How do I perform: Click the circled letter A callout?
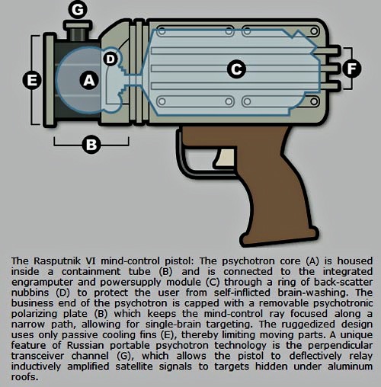(89, 81)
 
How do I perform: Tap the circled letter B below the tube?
(91, 145)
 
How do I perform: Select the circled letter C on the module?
(236, 69)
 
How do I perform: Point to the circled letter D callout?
(110, 59)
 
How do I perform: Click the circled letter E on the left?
(32, 81)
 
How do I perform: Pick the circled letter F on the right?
(351, 69)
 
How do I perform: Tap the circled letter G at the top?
(78, 10)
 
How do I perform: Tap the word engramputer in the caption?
(42, 283)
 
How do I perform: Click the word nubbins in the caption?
(30, 293)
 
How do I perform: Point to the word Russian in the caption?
(85, 346)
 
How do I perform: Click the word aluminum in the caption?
(350, 366)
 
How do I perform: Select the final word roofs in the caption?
(24, 377)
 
